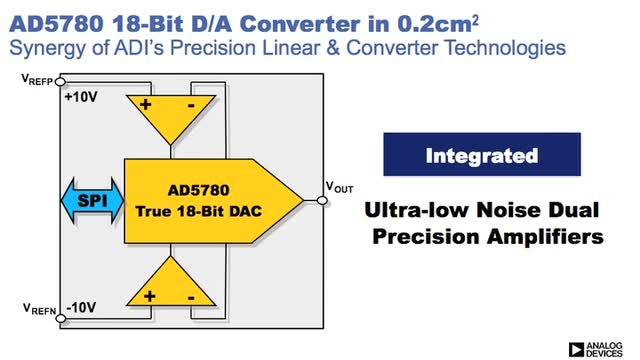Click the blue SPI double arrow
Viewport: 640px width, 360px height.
click(x=92, y=201)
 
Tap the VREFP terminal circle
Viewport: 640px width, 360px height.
click(x=60, y=82)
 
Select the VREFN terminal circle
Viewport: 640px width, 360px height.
click(x=60, y=318)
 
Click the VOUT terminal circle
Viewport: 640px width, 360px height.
click(x=322, y=200)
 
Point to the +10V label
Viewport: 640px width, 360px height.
click(x=81, y=97)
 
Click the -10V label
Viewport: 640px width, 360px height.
click(x=81, y=307)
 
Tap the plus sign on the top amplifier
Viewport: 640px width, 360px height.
click(x=145, y=104)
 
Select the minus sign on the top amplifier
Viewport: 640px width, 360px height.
click(x=191, y=106)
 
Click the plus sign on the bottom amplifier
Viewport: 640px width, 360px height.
click(x=149, y=296)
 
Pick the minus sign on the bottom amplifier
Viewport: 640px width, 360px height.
click(x=191, y=298)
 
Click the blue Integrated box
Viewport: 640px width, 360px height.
click(x=482, y=154)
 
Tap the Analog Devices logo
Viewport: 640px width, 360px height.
click(x=596, y=350)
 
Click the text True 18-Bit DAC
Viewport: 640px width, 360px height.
click(x=199, y=211)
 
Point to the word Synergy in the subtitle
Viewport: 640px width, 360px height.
click(x=49, y=48)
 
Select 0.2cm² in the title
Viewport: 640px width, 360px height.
click(x=438, y=24)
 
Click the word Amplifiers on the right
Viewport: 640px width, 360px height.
click(x=545, y=237)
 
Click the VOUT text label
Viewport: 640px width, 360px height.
click(x=339, y=187)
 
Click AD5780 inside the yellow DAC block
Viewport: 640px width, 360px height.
click(x=199, y=190)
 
